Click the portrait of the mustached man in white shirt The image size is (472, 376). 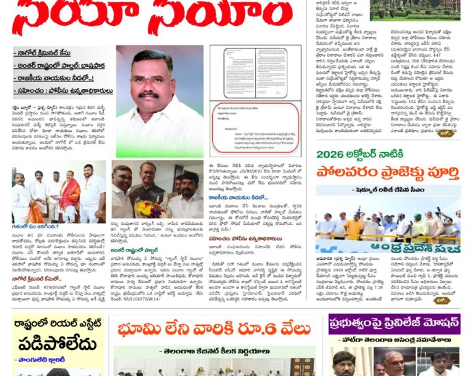point(159,101)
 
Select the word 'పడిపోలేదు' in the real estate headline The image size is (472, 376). point(58,344)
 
